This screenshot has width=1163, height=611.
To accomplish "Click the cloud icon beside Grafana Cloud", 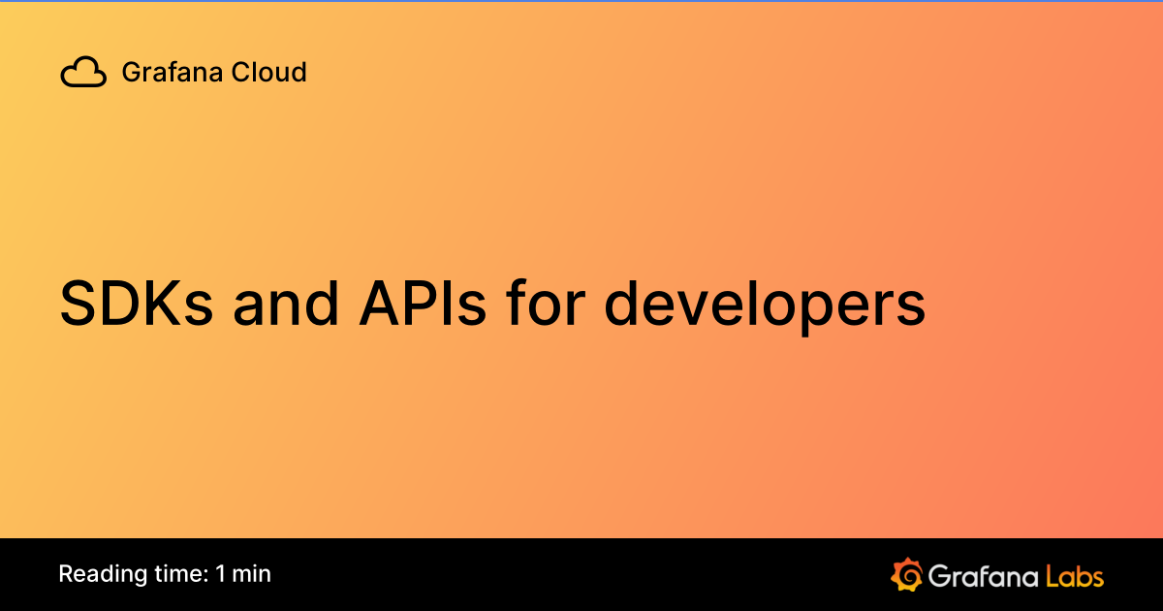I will coord(83,73).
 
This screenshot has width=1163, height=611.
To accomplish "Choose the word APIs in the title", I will coord(423,305).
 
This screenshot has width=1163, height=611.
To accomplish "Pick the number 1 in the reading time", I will coord(221,574).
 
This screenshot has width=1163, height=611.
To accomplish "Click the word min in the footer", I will coord(252,574).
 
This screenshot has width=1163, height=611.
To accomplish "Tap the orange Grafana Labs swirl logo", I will coord(905,575).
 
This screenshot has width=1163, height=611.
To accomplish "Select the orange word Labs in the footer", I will coord(1075,576).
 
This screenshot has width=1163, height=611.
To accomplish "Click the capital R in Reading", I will coord(65,574).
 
